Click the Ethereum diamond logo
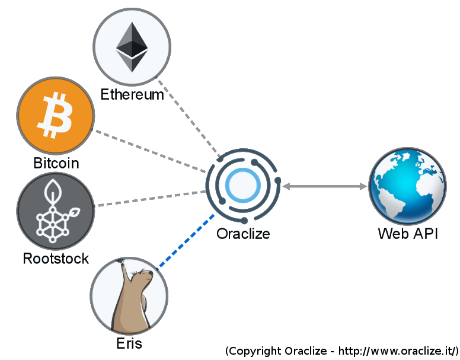(x=132, y=47)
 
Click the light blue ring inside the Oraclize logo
(x=243, y=186)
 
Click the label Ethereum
(x=132, y=95)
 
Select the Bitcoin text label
(x=56, y=163)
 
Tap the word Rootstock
(x=56, y=259)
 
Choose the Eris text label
(x=129, y=343)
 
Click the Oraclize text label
(x=243, y=234)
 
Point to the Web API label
(x=408, y=234)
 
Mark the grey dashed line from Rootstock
(x=151, y=199)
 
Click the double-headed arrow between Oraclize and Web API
(x=324, y=187)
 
